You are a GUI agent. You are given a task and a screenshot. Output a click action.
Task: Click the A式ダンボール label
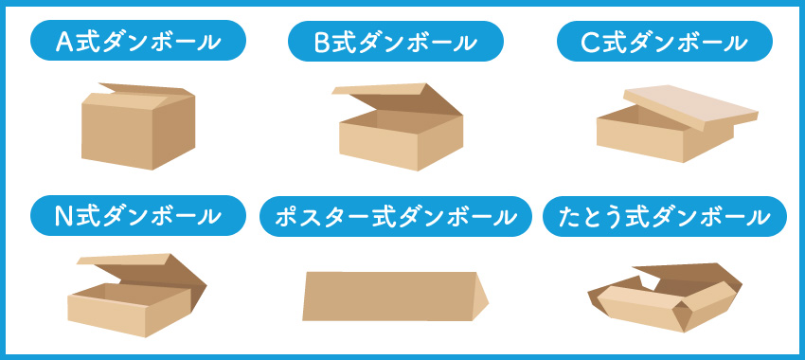pyautogui.click(x=138, y=43)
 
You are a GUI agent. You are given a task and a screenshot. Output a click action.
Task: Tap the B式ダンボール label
pyautogui.click(x=395, y=43)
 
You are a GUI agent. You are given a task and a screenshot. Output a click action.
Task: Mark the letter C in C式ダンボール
pyautogui.click(x=592, y=43)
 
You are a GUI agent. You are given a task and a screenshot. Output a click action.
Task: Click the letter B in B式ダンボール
pyautogui.click(x=323, y=43)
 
